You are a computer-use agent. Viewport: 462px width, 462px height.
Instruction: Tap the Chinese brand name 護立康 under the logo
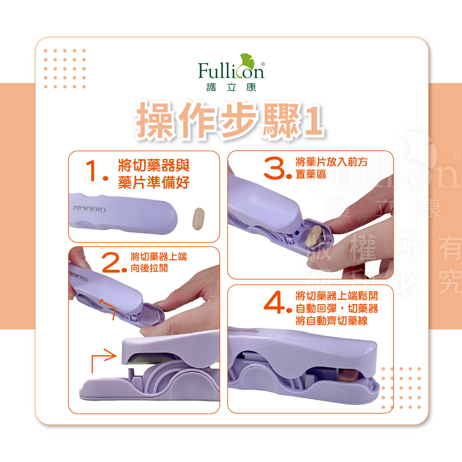231,87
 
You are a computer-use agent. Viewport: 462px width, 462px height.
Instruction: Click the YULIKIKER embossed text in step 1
89,208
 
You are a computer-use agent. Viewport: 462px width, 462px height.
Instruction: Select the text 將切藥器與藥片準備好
154,174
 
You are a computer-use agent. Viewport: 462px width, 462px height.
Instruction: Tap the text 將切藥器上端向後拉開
159,262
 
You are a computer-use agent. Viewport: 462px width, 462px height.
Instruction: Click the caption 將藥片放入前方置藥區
331,168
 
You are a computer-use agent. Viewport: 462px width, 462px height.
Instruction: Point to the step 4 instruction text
337,308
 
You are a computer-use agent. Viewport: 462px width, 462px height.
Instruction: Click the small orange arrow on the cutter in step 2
107,308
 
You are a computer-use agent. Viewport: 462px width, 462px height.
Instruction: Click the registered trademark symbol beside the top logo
263,64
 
